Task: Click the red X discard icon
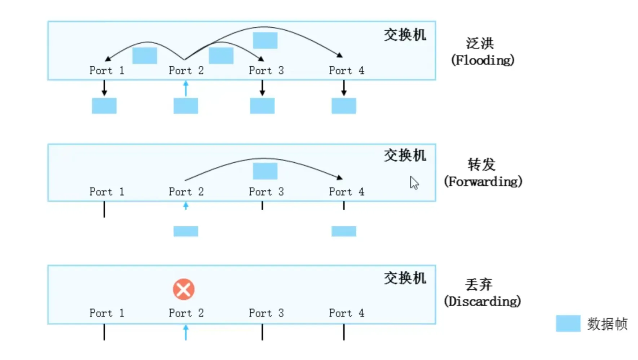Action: [x=184, y=289]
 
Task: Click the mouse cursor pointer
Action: [x=414, y=183]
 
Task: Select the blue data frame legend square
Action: [x=568, y=324]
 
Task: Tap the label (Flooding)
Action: [x=483, y=60]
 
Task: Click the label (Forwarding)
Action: [x=483, y=181]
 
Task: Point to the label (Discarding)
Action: [x=482, y=301]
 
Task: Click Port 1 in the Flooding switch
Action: [x=107, y=70]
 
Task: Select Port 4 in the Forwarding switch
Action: [x=346, y=192]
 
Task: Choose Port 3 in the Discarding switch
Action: [x=266, y=313]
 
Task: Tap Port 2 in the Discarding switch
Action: [x=186, y=313]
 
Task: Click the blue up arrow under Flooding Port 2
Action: [x=186, y=88]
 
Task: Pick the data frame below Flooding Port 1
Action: [x=104, y=106]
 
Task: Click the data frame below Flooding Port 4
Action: [x=344, y=106]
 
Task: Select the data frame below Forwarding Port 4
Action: [x=344, y=231]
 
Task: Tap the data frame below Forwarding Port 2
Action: [x=186, y=231]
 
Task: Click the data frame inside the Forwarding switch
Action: [x=265, y=171]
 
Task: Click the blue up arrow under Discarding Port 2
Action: [x=186, y=332]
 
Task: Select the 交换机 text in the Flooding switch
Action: [x=405, y=35]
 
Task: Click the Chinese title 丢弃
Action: [x=479, y=285]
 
